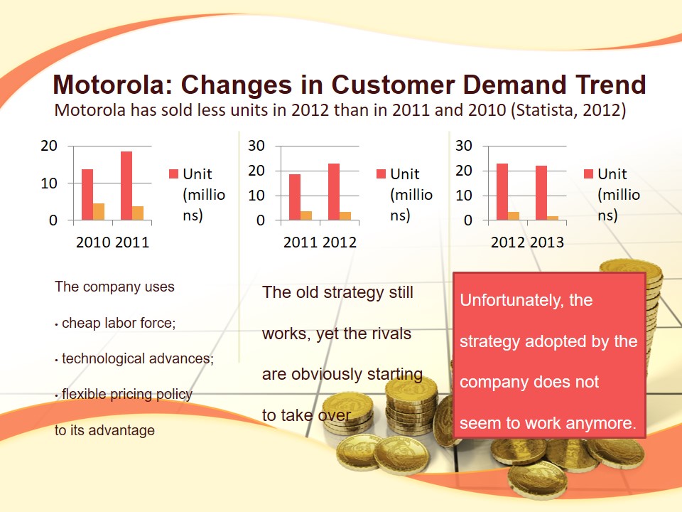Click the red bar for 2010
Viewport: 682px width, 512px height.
[87, 194]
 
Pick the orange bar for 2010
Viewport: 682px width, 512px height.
[99, 211]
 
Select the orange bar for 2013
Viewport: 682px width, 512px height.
[553, 218]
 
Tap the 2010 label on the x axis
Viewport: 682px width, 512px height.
[93, 242]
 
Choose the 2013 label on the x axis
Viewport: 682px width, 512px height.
[547, 242]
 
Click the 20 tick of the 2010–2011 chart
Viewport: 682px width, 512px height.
[49, 146]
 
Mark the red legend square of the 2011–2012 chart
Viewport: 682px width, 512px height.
[381, 174]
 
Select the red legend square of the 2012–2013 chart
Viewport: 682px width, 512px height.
[588, 174]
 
